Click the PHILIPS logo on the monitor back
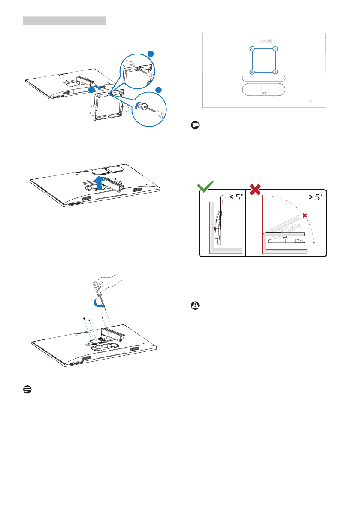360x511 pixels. pyautogui.click(x=264, y=41)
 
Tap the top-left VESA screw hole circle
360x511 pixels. pyautogui.click(x=252, y=48)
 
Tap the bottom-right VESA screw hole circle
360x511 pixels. pyautogui.click(x=275, y=71)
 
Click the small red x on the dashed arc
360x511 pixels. pyautogui.click(x=305, y=215)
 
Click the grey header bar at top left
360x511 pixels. pyautogui.click(x=64, y=20)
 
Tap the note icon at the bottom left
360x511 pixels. pyautogui.click(x=27, y=389)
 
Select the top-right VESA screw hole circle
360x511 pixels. pyautogui.click(x=275, y=48)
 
